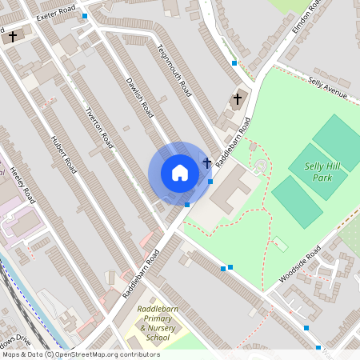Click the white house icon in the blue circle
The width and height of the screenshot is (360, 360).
[179, 173]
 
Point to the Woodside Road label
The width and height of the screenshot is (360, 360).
[300, 264]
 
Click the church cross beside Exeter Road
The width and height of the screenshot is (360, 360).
[12, 37]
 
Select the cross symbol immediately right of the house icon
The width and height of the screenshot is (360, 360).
[207, 163]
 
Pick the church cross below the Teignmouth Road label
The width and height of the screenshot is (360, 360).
[237, 98]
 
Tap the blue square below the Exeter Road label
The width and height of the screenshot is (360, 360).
[84, 16]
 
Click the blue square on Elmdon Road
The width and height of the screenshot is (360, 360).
[234, 62]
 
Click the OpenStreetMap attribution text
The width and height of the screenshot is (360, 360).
[80, 354]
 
